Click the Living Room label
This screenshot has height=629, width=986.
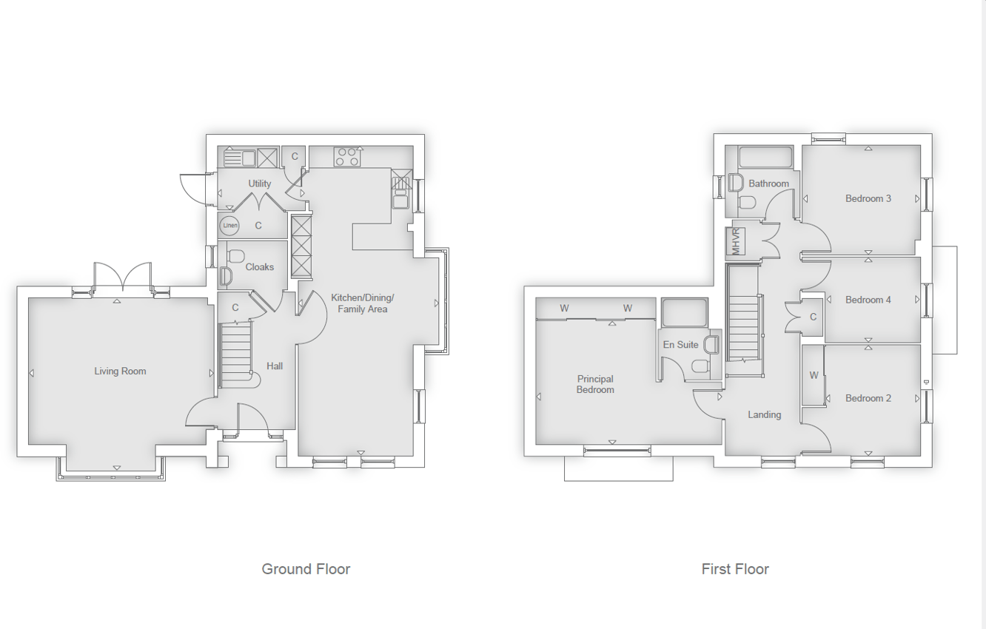[x=120, y=371]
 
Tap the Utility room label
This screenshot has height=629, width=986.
[x=260, y=184]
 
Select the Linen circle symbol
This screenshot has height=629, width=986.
[x=229, y=225]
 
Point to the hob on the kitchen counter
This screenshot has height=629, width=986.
[x=346, y=157]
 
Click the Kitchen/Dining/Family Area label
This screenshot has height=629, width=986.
[x=362, y=303]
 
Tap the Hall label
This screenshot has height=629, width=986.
[x=275, y=366]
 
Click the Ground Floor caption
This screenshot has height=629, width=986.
[x=306, y=569]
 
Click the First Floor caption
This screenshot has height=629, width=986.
[x=735, y=569]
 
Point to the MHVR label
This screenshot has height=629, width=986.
[x=736, y=242]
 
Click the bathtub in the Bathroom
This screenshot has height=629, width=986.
[x=765, y=158]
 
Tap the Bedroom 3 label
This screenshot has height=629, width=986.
[x=868, y=198]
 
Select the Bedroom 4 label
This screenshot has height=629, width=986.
[x=868, y=300]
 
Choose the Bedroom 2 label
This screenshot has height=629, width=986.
[x=868, y=398]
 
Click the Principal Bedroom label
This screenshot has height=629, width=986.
[x=595, y=384]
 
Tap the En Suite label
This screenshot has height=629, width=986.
[x=680, y=345]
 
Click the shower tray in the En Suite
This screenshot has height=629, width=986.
[x=684, y=312]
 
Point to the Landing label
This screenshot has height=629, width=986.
[x=764, y=414]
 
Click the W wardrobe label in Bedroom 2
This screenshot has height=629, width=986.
[x=814, y=375]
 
